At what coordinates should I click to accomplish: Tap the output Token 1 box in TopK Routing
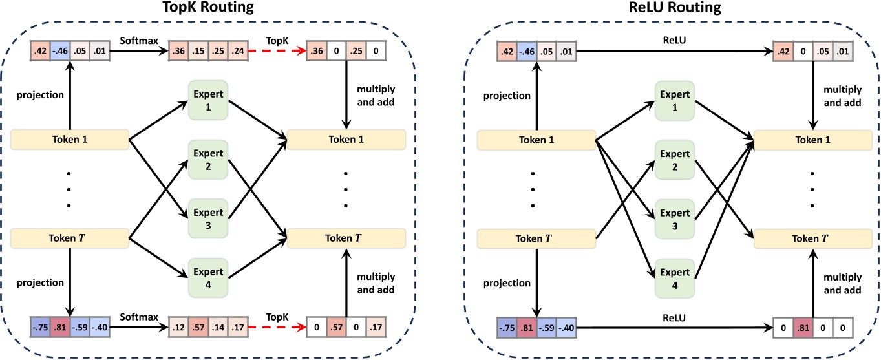(x=346, y=138)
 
